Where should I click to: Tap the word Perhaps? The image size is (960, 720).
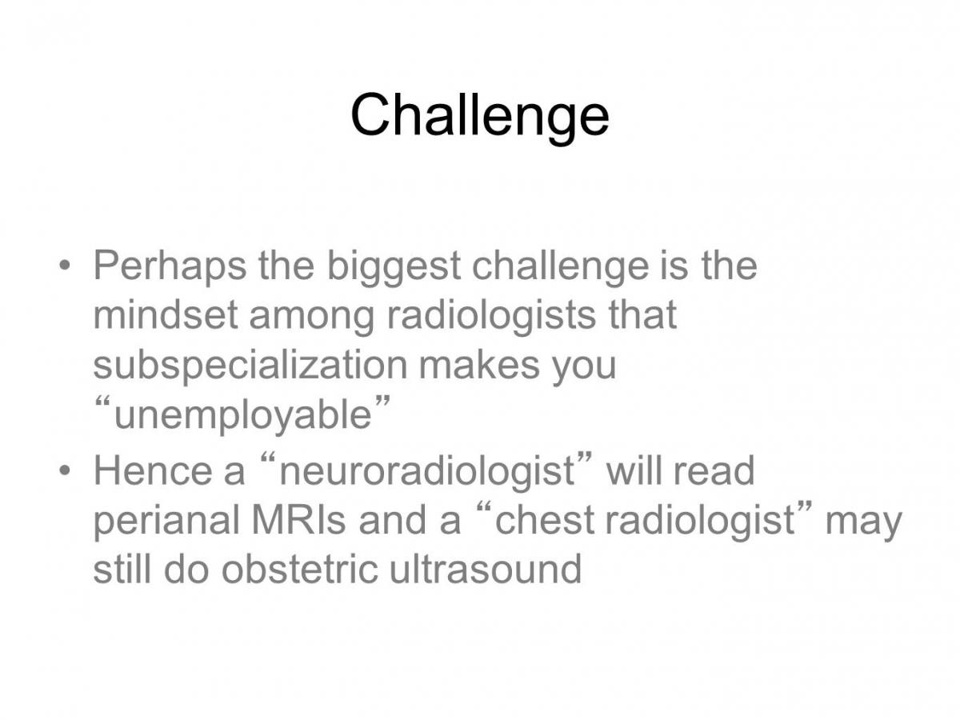tap(170, 267)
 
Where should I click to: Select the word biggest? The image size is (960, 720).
tap(394, 267)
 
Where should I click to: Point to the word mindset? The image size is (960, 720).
tap(166, 314)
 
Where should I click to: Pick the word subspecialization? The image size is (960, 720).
tap(250, 366)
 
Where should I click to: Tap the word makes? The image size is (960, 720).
tap(479, 364)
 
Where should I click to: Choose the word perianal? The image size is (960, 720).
tap(166, 521)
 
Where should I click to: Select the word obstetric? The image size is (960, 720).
tap(299, 569)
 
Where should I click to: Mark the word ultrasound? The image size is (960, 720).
tap(486, 569)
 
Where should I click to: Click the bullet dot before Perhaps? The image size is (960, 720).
tap(64, 266)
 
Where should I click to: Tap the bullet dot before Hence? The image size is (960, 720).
tap(64, 470)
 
